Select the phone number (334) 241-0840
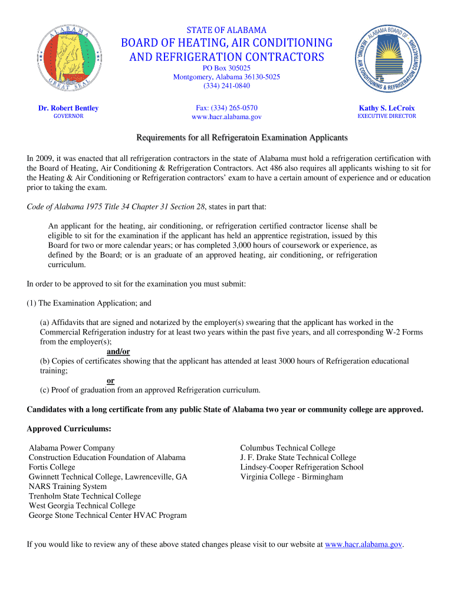coord(226,86)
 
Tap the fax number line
coord(226,108)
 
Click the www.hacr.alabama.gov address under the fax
coord(226,117)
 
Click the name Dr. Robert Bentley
coord(68,108)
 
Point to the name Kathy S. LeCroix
coord(387,108)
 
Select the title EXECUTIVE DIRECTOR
coord(387,116)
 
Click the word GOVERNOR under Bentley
coord(68,116)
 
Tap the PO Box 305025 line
coord(226,68)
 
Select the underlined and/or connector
coord(118,352)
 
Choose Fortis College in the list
coord(52,467)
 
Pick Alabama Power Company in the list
coord(72,448)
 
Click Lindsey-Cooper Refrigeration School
coord(301,467)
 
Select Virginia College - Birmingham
coord(291,477)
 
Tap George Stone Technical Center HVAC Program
coord(108,516)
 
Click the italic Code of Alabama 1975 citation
coord(116,207)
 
